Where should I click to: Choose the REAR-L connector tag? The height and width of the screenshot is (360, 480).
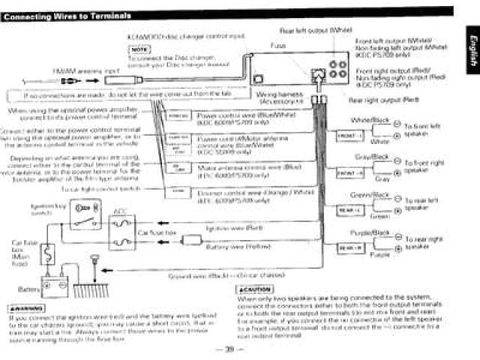tap(349, 211)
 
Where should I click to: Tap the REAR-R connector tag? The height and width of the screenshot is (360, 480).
tap(349, 247)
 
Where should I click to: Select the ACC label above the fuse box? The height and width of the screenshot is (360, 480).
tap(118, 211)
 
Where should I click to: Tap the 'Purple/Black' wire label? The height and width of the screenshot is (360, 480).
tap(373, 233)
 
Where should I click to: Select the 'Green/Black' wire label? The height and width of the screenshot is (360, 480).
tap(373, 196)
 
